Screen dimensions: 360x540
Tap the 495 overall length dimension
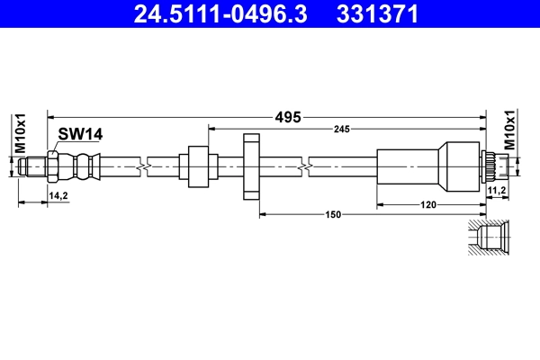coord(288,117)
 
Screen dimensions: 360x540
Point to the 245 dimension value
coord(341,130)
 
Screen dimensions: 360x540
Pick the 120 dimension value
coord(429,205)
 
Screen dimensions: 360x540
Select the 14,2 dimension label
coord(58,194)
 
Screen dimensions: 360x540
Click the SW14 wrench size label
coord(80,134)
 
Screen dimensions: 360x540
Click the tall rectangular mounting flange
coord(251,167)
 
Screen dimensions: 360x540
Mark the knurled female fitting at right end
coord(491,166)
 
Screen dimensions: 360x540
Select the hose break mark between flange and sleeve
coord(309,166)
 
